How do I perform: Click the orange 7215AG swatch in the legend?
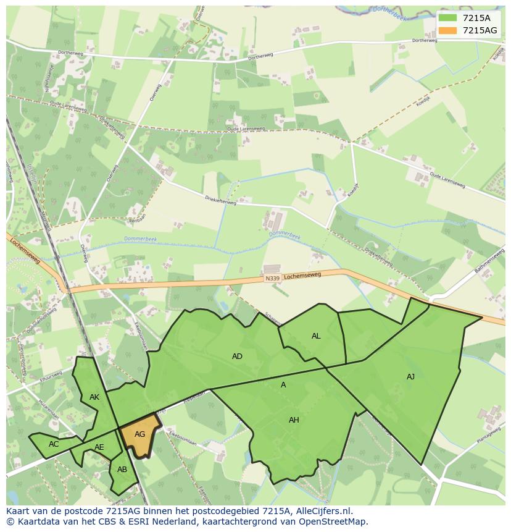click(449, 30)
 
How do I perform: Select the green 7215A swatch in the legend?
click(449, 18)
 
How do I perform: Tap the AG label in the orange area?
click(139, 434)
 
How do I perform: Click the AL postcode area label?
click(316, 336)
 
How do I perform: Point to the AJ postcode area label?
click(411, 376)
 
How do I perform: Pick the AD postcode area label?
click(237, 356)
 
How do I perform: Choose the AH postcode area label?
click(294, 420)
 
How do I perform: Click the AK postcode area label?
click(94, 397)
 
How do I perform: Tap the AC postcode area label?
click(54, 444)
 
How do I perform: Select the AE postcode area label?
click(99, 447)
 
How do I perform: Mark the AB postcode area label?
click(122, 470)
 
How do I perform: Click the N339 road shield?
click(273, 279)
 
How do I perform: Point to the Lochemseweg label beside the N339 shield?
click(302, 276)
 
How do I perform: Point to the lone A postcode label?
click(283, 384)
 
